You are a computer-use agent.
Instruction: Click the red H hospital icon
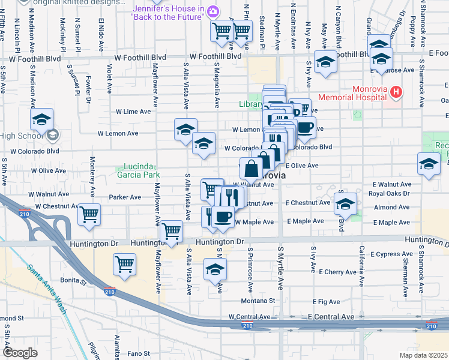396,92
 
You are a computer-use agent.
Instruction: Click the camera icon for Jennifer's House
212,11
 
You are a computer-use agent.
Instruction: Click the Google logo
19,353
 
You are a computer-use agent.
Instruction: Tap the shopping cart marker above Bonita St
125,264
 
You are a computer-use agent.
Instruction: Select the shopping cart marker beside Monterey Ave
89,214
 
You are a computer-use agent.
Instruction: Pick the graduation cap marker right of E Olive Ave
429,164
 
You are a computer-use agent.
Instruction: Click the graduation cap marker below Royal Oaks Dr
346,204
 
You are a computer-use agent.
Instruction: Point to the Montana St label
258,301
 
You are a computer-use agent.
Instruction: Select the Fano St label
137,353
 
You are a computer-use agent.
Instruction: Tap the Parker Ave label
125,197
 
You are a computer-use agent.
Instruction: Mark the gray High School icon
52,135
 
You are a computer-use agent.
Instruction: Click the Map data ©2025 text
423,355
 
